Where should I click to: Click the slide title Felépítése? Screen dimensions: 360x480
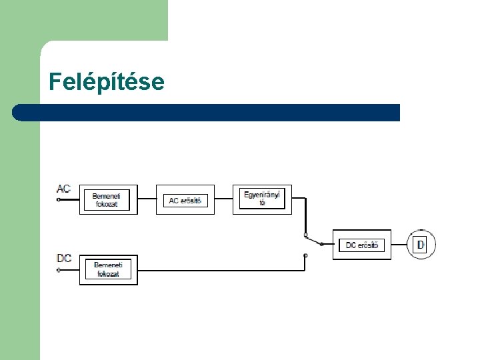pos(106,82)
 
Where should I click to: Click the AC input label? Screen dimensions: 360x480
pos(63,189)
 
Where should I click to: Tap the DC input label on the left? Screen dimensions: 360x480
pos(64,259)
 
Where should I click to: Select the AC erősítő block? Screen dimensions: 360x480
pos(185,199)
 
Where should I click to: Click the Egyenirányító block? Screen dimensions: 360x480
pos(262,199)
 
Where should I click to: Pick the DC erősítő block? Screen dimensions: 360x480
pos(361,245)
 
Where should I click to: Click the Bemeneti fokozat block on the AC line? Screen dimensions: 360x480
pos(108,199)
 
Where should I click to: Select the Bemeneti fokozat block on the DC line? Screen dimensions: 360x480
pos(108,269)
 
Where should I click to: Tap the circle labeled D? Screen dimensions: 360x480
pos(421,245)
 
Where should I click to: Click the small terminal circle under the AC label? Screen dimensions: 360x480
pos(59,199)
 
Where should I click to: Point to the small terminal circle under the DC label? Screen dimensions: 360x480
pos(59,270)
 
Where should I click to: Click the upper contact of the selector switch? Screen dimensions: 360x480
pos(305,235)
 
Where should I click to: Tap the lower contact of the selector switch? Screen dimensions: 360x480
pos(305,255)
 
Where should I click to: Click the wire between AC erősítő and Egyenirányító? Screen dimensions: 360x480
pos(223,199)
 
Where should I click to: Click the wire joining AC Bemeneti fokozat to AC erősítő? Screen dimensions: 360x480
pos(147,199)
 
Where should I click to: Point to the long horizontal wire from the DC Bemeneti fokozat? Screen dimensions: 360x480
pos(220,270)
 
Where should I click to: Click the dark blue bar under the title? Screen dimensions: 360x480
pos(207,112)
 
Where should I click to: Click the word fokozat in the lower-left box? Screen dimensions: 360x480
pos(107,273)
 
